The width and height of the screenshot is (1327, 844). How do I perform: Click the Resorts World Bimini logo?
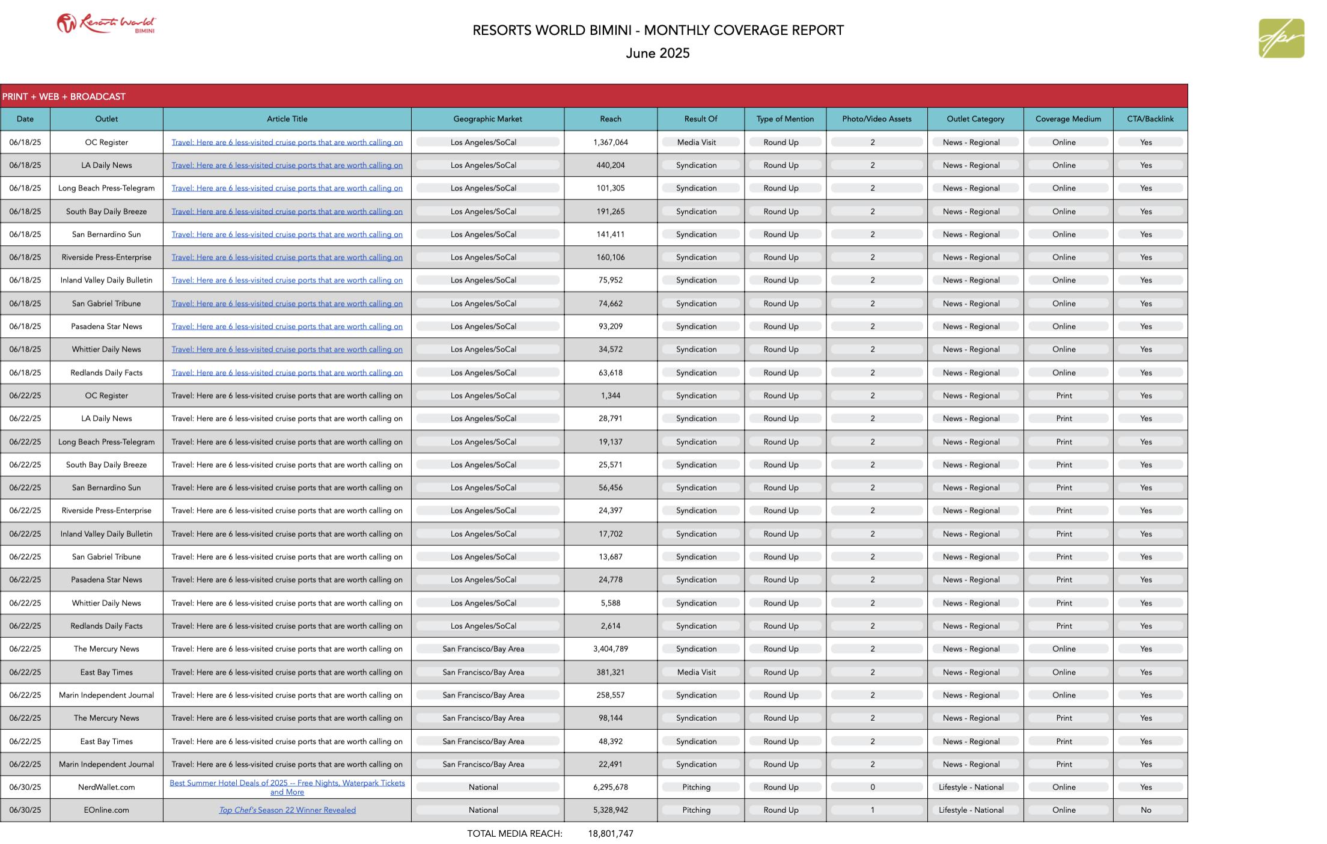[106, 24]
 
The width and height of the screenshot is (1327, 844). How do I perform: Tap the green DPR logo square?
[1281, 38]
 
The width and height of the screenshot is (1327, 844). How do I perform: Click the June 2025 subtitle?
[657, 54]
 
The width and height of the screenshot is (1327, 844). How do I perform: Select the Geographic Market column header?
[487, 119]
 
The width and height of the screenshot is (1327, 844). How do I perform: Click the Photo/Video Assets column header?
[876, 119]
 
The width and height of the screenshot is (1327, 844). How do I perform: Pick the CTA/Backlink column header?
[1150, 119]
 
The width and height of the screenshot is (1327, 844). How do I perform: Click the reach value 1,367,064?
[610, 142]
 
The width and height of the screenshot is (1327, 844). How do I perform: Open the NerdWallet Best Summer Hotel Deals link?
[287, 787]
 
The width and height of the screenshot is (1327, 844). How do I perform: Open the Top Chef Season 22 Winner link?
[287, 810]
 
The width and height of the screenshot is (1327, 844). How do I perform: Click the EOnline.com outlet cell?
[106, 810]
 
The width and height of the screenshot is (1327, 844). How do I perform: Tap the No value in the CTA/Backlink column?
[1145, 810]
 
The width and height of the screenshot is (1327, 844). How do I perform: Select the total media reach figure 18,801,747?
[610, 833]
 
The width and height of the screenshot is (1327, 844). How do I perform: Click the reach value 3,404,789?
[610, 649]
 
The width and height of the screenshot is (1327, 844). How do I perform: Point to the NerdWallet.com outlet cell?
[106, 787]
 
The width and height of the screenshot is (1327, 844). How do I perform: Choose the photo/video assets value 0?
[872, 787]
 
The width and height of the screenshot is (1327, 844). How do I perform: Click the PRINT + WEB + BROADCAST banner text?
[64, 97]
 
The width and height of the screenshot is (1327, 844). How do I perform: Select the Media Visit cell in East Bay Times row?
[696, 672]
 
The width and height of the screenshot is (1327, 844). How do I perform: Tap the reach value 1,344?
[610, 396]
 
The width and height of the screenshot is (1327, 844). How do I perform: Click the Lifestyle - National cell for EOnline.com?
[971, 810]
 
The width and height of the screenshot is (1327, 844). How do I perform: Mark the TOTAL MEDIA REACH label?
[514, 833]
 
